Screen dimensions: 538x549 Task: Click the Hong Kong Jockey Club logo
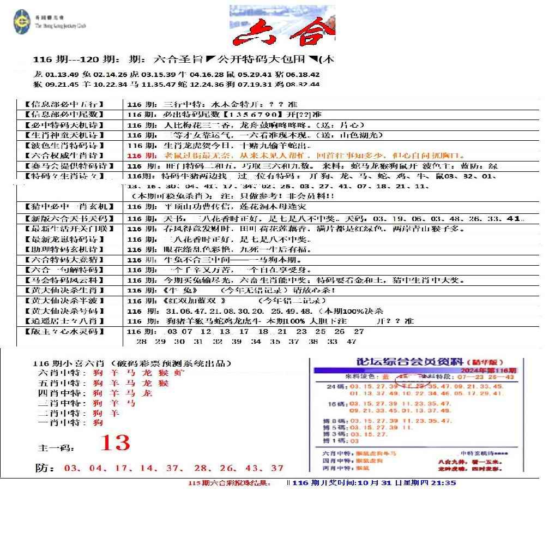pyautogui.click(x=22, y=22)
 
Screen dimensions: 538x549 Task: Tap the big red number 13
pyautogui.click(x=115, y=443)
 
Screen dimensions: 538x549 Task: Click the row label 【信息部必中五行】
pyautogui.click(x=64, y=104)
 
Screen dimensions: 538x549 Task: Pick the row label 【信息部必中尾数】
pyautogui.click(x=64, y=115)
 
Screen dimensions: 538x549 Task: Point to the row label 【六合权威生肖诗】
pyautogui.click(x=64, y=156)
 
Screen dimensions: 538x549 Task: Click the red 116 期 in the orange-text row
pyautogui.click(x=142, y=156)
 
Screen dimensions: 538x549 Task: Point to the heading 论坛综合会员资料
pyautogui.click(x=409, y=362)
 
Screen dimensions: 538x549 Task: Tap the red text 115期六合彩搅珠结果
pyautogui.click(x=229, y=483)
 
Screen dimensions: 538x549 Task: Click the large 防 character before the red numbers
pyautogui.click(x=46, y=469)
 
